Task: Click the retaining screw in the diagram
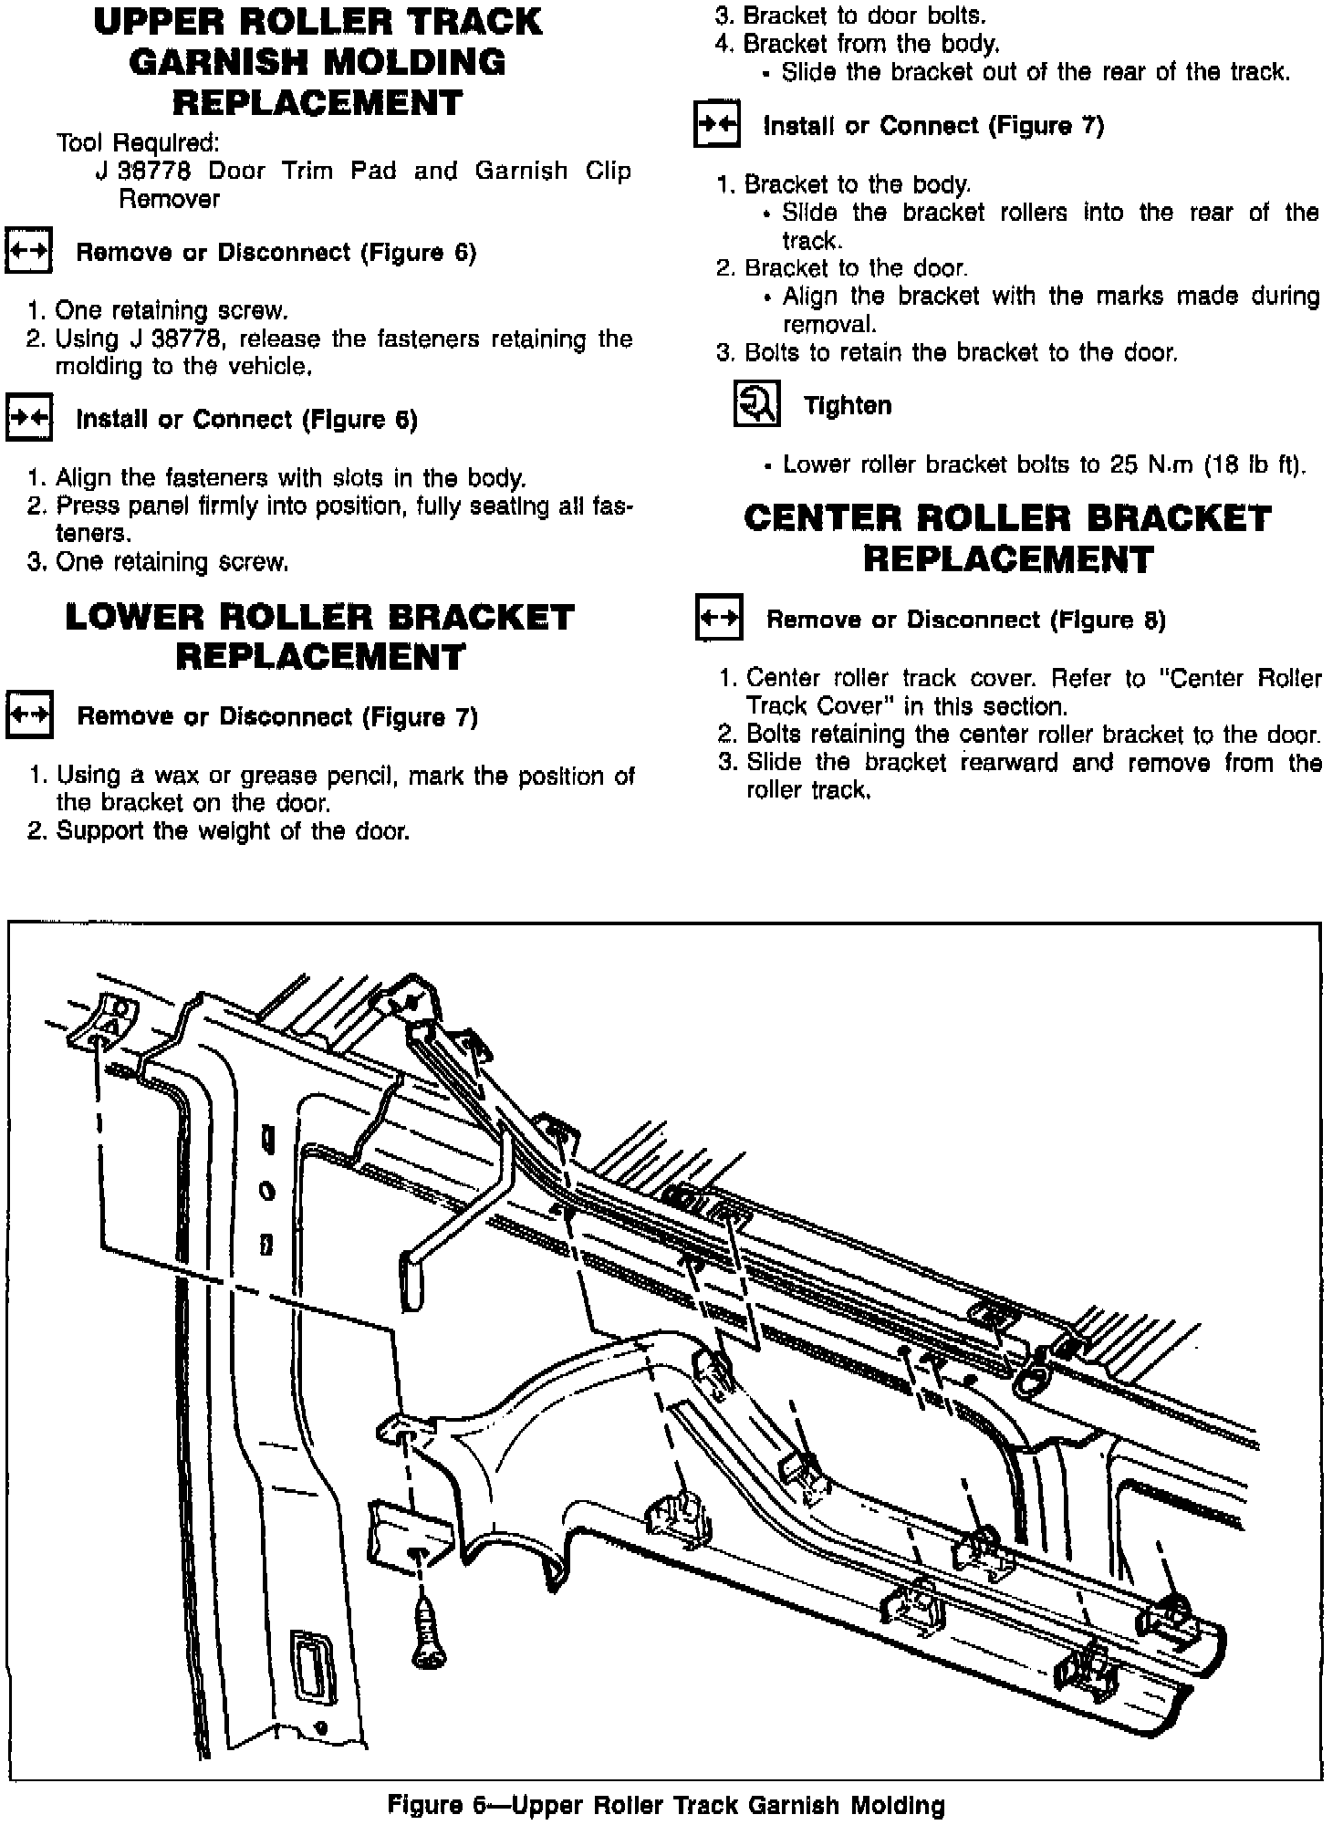tap(424, 1632)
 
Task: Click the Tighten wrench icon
tap(756, 405)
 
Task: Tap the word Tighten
tap(848, 405)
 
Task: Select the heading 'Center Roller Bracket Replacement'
tap(1007, 538)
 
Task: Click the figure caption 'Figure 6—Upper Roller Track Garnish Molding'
tap(667, 1805)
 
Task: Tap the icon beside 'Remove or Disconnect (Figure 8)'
tap(719, 619)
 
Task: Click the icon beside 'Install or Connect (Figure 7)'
tap(716, 125)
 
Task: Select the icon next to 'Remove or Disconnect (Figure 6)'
tap(29, 251)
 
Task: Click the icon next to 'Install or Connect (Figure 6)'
tap(29, 419)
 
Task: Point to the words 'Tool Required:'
tap(138, 143)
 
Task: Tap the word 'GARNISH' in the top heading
tap(212, 62)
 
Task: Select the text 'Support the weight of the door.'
tap(233, 831)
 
